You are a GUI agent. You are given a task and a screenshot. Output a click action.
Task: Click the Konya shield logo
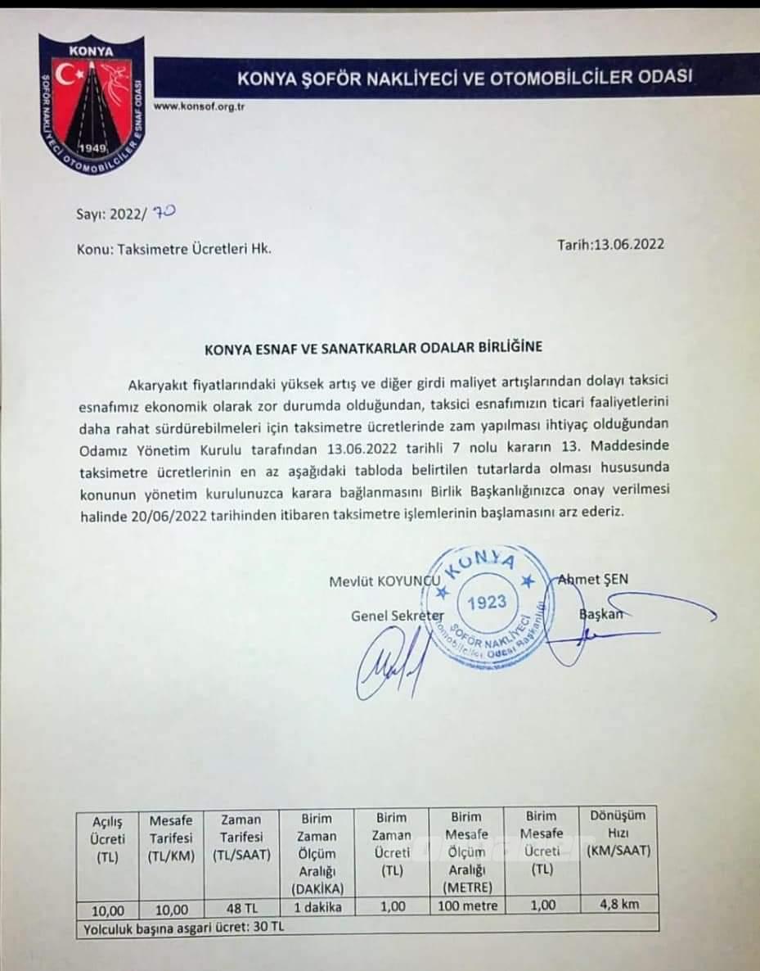[92, 105]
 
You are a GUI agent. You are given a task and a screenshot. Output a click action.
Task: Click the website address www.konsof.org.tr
[200, 106]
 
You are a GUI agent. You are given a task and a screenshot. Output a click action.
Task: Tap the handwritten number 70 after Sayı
[164, 212]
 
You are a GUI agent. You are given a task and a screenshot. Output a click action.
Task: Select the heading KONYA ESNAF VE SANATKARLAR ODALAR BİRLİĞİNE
[373, 347]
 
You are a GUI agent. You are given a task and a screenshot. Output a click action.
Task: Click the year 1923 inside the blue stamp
[487, 602]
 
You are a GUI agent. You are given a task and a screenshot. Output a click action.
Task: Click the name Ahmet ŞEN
[593, 580]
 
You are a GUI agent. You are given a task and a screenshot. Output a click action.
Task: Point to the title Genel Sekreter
[398, 615]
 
